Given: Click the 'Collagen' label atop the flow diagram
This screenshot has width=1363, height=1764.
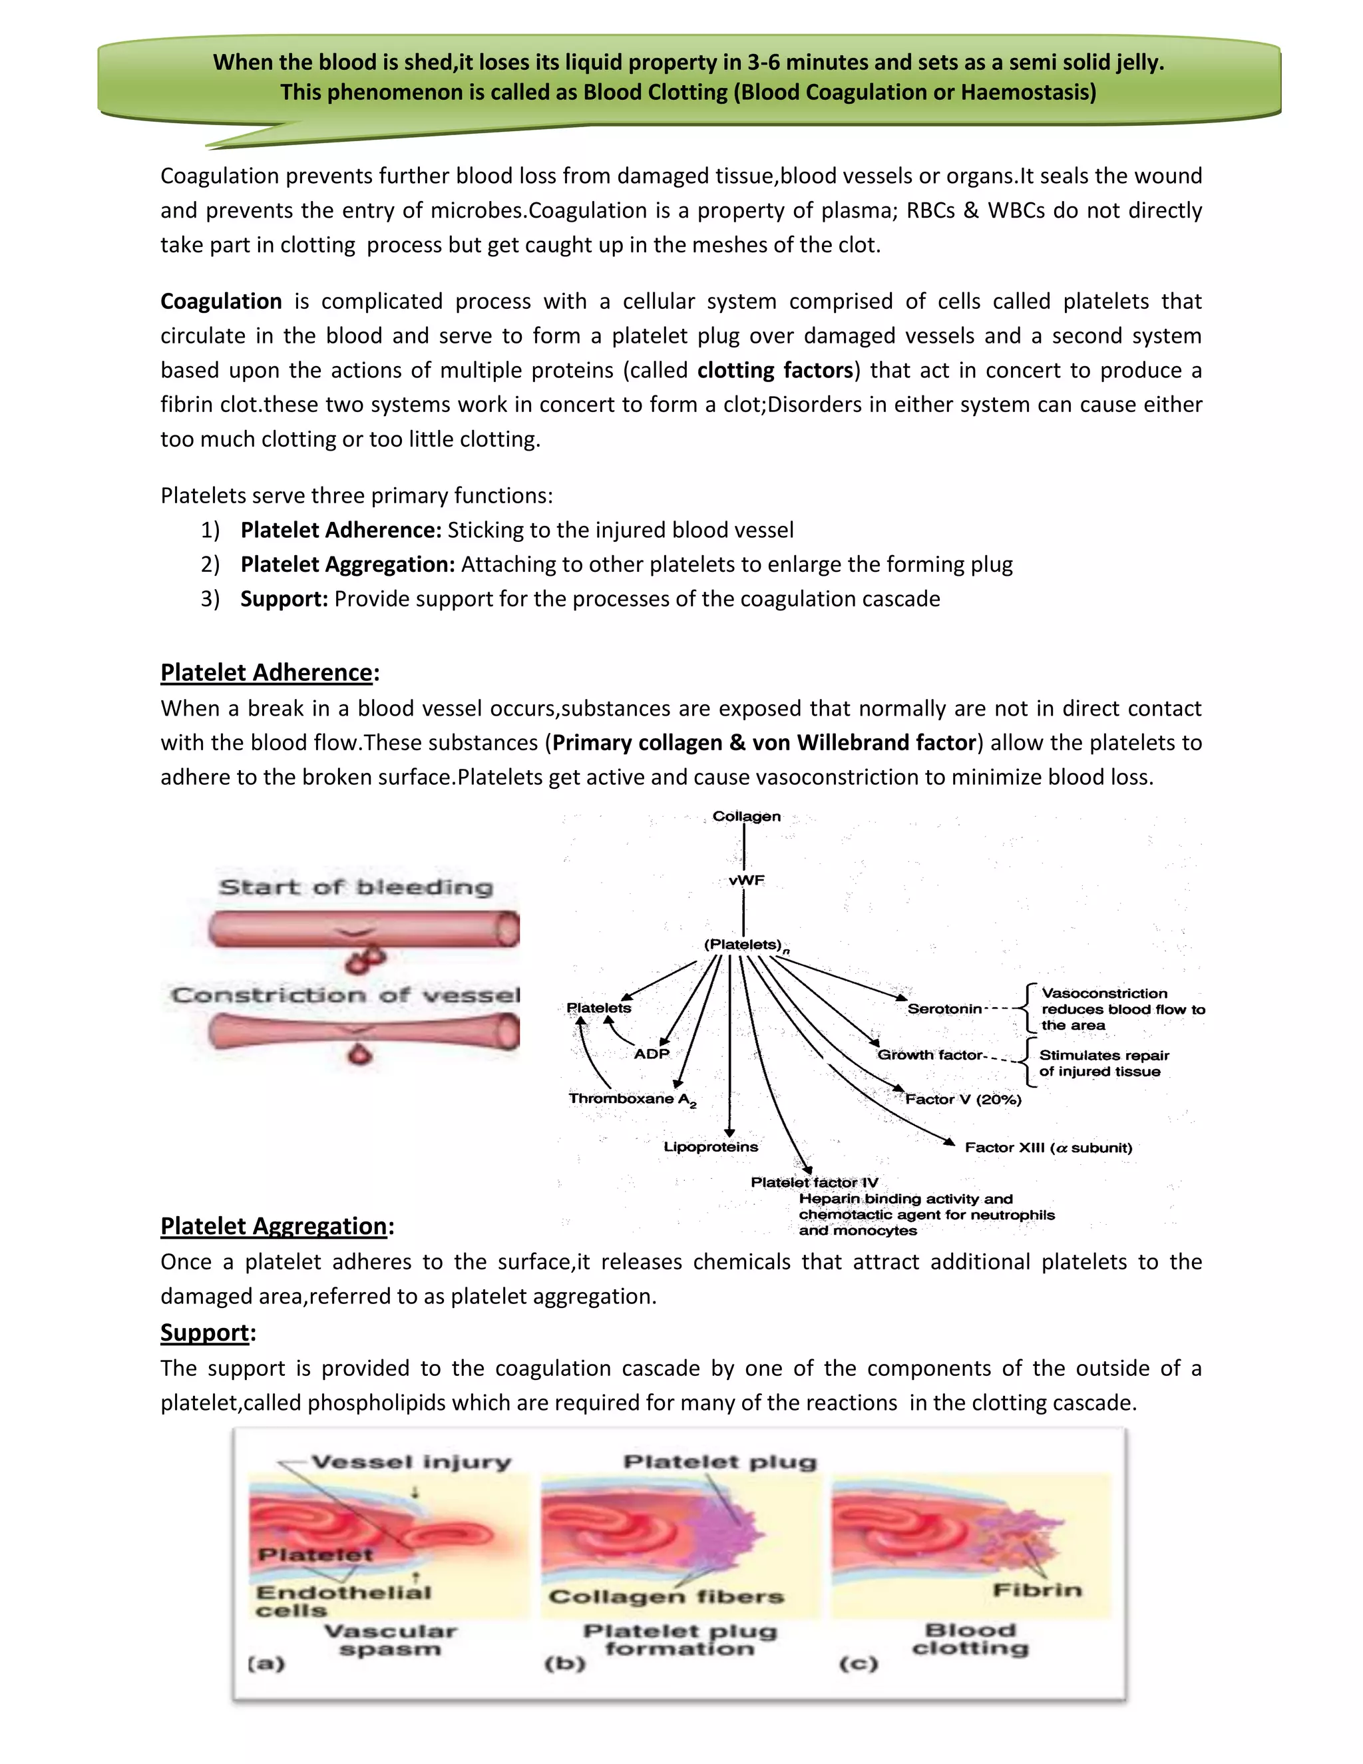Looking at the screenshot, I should [x=746, y=817].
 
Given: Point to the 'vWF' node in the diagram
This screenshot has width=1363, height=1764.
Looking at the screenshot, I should [x=746, y=881].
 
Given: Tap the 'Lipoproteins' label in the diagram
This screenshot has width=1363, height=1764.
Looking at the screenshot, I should [x=711, y=1147].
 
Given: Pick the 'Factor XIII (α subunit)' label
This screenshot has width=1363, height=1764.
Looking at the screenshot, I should [x=1048, y=1148].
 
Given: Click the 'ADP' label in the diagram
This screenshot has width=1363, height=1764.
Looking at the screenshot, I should [x=652, y=1054].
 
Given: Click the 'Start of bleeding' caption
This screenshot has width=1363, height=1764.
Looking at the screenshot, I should [x=356, y=887].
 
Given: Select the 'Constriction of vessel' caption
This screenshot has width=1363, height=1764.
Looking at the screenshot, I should [x=345, y=995].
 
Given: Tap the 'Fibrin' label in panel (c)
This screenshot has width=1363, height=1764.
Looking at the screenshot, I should [x=1037, y=1590].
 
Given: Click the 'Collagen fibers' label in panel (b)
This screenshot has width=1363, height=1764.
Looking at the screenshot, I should [x=666, y=1597].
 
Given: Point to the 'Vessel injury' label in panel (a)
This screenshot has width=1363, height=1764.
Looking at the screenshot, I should [x=411, y=1462].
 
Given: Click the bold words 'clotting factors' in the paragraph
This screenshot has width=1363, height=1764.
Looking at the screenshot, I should [x=775, y=371].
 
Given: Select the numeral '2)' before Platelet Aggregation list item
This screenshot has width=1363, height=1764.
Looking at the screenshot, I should [x=210, y=564].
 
